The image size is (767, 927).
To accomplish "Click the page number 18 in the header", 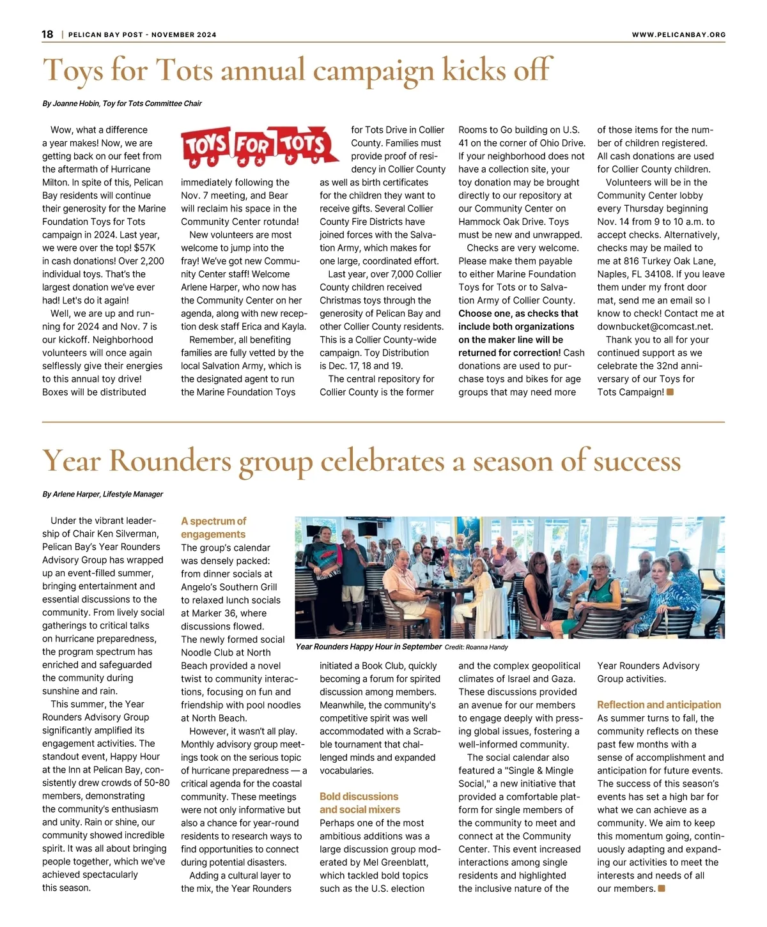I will pyautogui.click(x=48, y=34).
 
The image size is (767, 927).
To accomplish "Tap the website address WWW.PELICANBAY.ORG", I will pyautogui.click(x=678, y=35).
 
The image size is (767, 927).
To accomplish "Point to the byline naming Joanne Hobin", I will pyautogui.click(x=122, y=103).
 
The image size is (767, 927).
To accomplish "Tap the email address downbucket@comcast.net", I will pyautogui.click(x=646, y=326).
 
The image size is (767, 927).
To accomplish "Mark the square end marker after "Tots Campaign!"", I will pyautogui.click(x=670, y=392).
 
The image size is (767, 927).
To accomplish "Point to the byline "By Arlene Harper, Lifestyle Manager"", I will pyautogui.click(x=103, y=494).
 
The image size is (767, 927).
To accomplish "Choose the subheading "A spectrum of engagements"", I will pyautogui.click(x=213, y=528).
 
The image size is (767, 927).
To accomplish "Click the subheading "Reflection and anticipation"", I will pyautogui.click(x=659, y=705).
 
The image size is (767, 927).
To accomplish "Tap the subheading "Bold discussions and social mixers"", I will pyautogui.click(x=360, y=803).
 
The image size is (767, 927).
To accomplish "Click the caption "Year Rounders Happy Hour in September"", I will pyautogui.click(x=369, y=647).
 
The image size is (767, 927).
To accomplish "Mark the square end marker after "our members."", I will pyautogui.click(x=662, y=888).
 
